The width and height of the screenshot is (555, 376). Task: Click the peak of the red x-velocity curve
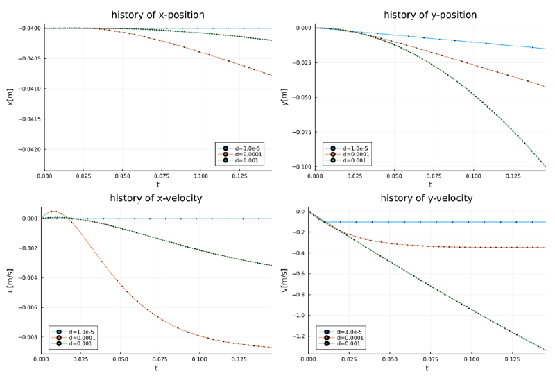[53, 211]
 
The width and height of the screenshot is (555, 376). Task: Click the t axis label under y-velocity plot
[427, 368]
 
